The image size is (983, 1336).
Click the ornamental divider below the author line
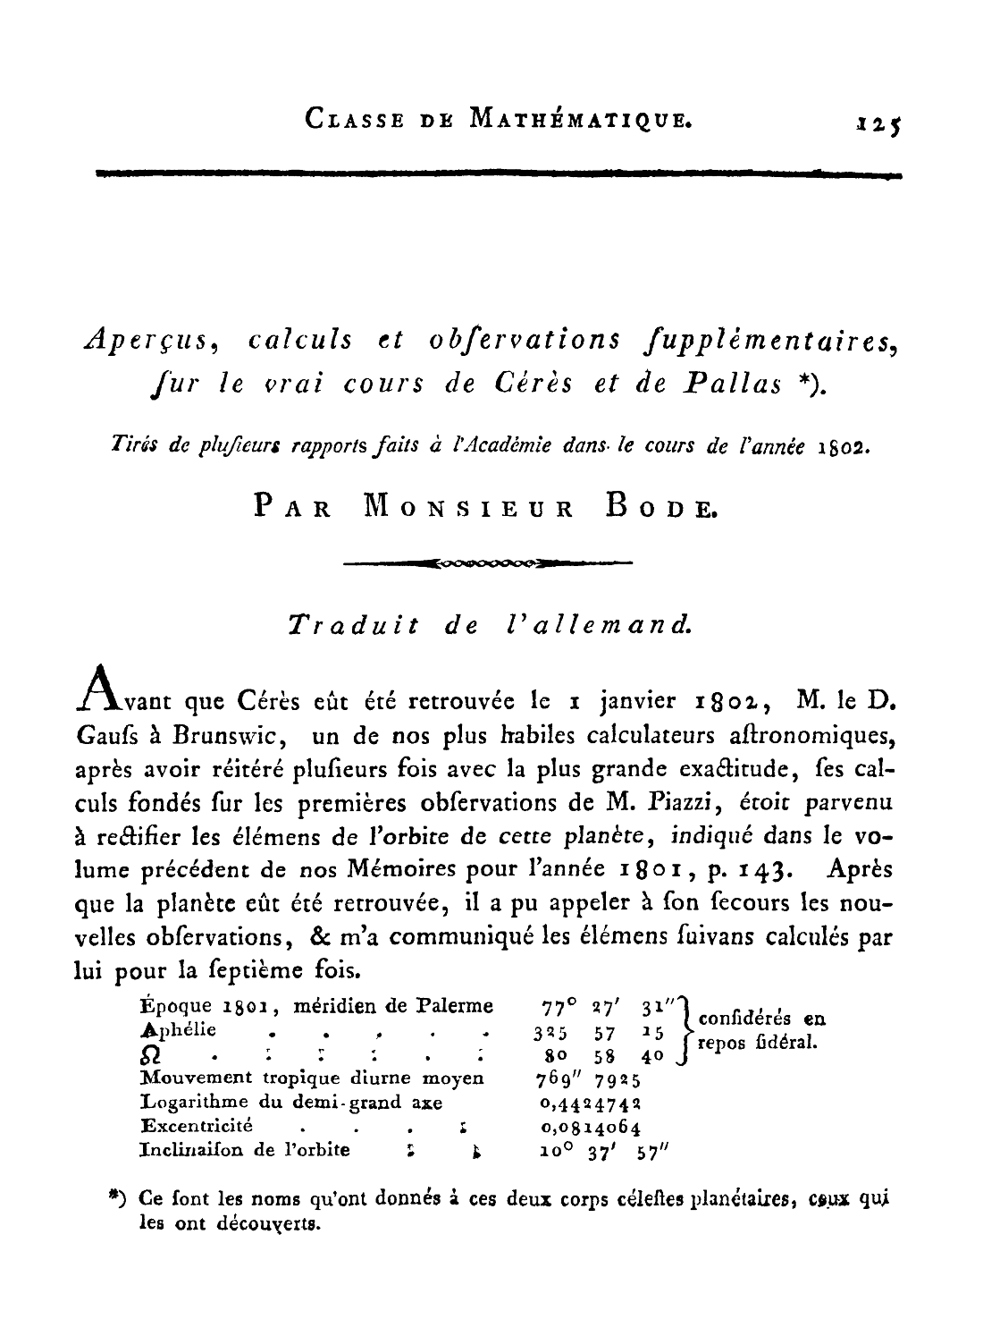tap(487, 564)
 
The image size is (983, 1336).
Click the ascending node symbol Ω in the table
tap(151, 1056)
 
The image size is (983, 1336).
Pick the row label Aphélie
tap(179, 1029)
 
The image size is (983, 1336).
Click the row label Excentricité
tap(197, 1125)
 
